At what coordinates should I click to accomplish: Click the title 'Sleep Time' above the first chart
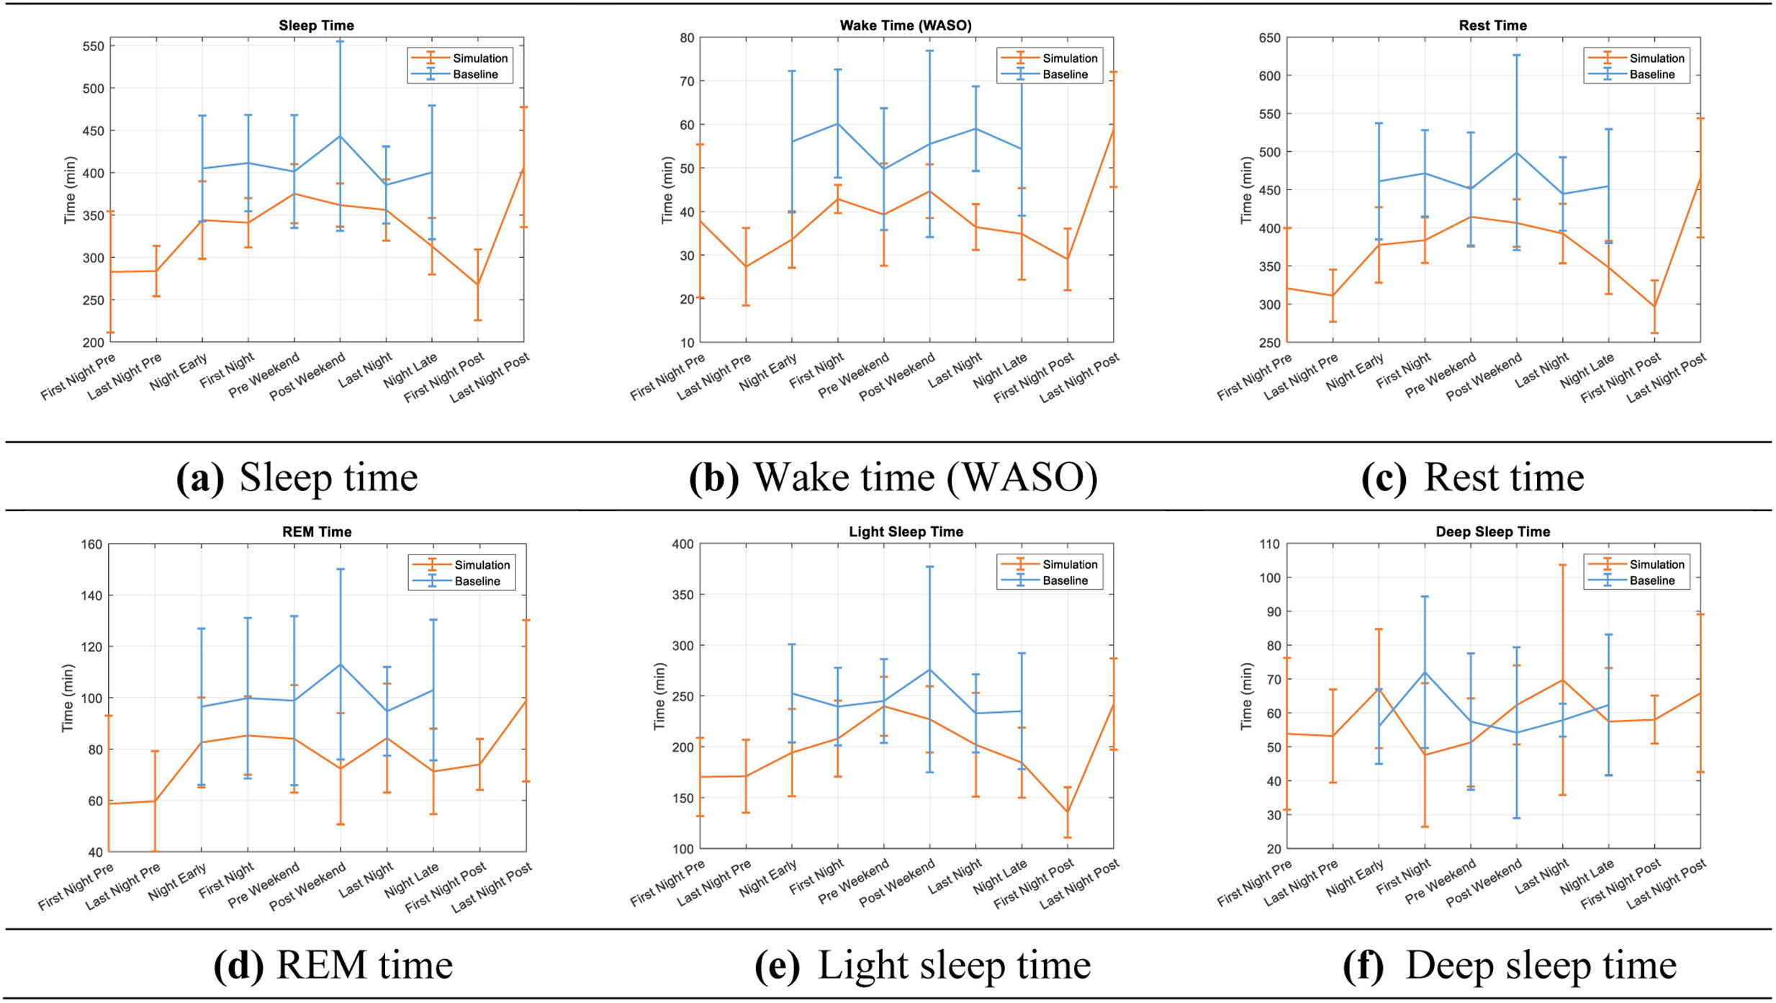(x=316, y=25)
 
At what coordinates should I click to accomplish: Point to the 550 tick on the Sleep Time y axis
(x=93, y=46)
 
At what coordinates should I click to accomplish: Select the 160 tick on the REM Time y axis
(x=91, y=544)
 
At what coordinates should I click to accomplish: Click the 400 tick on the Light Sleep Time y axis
(x=682, y=544)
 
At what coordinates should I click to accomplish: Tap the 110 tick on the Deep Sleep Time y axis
(x=1269, y=544)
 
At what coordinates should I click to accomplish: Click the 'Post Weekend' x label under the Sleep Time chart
(x=308, y=377)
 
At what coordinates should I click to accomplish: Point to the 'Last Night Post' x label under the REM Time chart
(x=492, y=887)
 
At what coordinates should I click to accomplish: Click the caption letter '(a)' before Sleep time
(x=199, y=477)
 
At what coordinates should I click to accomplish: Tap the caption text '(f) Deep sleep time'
(x=1509, y=965)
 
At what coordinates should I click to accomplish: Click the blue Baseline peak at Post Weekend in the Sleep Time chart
(x=340, y=136)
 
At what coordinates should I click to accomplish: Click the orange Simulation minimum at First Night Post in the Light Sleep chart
(x=1067, y=812)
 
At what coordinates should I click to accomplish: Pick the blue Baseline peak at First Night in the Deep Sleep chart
(x=1424, y=673)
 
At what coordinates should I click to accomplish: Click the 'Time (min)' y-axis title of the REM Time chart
(x=68, y=697)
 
